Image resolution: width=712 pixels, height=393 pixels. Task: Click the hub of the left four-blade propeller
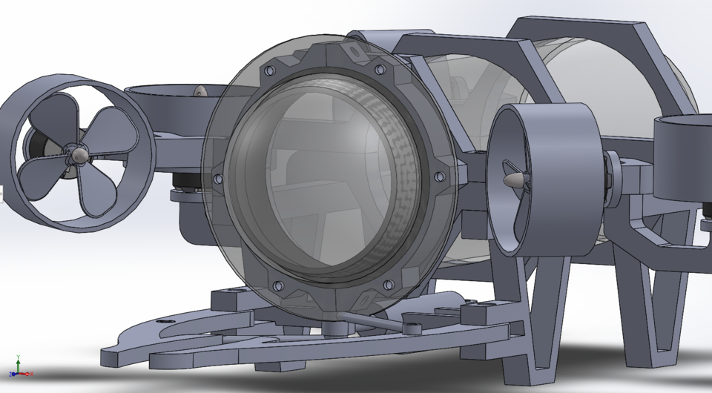pyautogui.click(x=79, y=153)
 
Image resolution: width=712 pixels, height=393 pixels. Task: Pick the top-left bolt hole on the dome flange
pyautogui.click(x=268, y=70)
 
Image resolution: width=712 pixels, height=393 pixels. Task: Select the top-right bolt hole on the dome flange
pyautogui.click(x=380, y=70)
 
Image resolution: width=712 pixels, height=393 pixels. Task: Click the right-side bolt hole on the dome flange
pyautogui.click(x=438, y=176)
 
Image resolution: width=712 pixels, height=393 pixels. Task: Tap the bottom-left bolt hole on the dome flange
pyautogui.click(x=277, y=285)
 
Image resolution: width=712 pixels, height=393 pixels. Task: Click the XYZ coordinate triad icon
pyautogui.click(x=18, y=366)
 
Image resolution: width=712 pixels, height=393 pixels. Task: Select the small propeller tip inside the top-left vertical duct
pyautogui.click(x=199, y=91)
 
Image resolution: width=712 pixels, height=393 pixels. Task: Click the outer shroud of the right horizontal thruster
pyautogui.click(x=571, y=178)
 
